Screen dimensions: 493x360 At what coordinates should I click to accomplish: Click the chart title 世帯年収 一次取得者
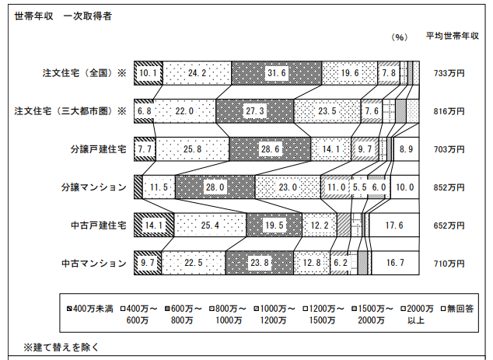(63, 16)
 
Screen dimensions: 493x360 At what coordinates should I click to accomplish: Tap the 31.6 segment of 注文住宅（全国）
(276, 73)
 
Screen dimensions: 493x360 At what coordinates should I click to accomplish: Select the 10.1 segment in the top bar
(148, 73)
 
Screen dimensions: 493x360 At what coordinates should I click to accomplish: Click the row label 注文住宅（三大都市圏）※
(70, 111)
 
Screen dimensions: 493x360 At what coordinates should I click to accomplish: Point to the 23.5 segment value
(327, 111)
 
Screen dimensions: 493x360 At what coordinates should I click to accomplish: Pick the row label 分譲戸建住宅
(99, 149)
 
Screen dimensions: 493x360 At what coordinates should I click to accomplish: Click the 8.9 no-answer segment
(406, 149)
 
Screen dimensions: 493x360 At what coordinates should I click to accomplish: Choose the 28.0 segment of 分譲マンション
(215, 187)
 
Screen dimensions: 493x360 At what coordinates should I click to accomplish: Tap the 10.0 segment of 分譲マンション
(405, 187)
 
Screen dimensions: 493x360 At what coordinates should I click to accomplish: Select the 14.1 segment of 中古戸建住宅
(154, 225)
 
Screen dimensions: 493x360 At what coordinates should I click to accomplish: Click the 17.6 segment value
(394, 225)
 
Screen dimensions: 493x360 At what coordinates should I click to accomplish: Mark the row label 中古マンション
(94, 264)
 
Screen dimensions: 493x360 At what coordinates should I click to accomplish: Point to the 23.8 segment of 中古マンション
(260, 263)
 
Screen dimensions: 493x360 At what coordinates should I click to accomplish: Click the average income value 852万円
(449, 187)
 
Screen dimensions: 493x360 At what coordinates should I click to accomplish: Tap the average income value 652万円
(449, 225)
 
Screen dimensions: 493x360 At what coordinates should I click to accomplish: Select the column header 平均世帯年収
(453, 36)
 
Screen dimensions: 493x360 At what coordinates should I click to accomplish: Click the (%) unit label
(400, 37)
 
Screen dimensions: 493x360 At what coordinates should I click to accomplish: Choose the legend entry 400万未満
(90, 309)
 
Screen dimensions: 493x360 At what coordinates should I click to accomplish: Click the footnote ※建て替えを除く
(61, 347)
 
